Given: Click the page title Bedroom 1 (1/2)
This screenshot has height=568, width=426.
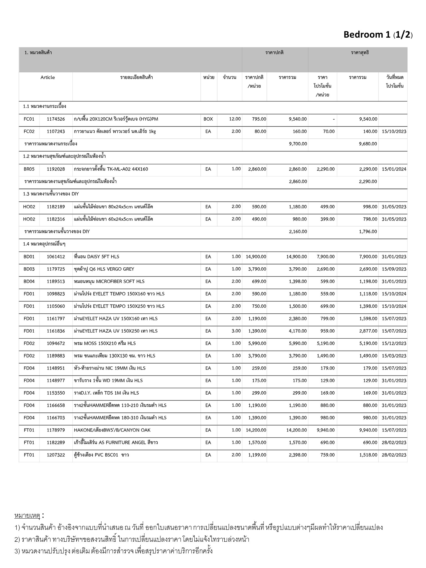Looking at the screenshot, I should click(378, 35).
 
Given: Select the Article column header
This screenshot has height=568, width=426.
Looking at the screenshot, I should click(48, 77).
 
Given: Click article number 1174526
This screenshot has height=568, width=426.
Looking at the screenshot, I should click(56, 119).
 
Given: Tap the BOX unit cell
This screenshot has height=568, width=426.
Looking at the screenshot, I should click(208, 119).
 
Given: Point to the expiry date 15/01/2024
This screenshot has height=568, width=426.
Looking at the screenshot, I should click(394, 169).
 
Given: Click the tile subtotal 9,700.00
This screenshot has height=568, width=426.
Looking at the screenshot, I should click(298, 144).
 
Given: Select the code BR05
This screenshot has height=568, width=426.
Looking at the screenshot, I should click(29, 169).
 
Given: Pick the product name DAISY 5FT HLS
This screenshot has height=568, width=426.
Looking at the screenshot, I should click(97, 257).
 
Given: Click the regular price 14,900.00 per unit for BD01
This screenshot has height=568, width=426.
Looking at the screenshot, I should click(256, 257).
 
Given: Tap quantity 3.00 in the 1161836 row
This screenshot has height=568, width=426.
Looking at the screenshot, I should click(236, 331).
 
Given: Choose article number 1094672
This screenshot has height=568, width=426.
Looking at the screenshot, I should click(56, 343).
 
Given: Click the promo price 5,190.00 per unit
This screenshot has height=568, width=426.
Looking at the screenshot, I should click(326, 343).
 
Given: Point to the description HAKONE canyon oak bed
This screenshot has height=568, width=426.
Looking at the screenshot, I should click(112, 430).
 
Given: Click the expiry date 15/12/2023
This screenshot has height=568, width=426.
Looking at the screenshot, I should click(394, 343).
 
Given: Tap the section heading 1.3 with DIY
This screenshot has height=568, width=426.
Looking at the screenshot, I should click(51, 194).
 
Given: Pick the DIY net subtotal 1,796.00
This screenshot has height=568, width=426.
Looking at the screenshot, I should click(368, 231).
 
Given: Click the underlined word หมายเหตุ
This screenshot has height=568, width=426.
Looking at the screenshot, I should click(27, 516).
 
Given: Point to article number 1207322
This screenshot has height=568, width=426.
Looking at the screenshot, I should click(56, 455).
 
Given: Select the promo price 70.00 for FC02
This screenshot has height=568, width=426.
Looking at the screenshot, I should click(329, 131).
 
